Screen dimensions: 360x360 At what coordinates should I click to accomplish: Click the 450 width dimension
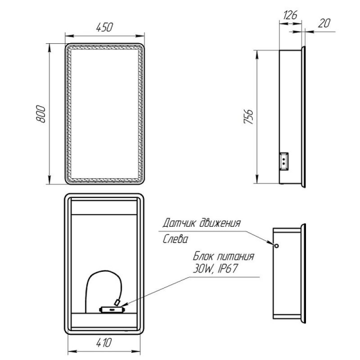(104, 27)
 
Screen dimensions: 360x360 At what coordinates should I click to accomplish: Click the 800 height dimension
(40, 114)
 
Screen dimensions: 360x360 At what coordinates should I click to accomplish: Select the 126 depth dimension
(290, 15)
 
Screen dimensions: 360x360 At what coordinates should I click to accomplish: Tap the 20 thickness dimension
(324, 23)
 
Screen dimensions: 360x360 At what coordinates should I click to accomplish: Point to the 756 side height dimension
(248, 117)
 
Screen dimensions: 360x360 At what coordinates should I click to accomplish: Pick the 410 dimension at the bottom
(104, 342)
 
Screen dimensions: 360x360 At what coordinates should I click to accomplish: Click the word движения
(220, 223)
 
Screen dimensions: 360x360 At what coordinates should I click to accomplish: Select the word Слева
(175, 239)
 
